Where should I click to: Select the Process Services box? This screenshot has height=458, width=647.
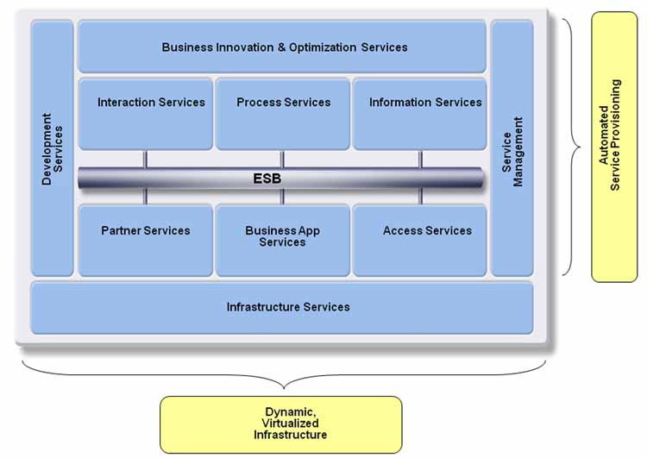point(283,113)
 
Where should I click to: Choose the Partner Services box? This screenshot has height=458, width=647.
point(145,240)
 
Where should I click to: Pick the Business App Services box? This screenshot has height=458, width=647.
point(283,240)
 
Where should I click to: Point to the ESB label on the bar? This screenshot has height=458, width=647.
point(267,179)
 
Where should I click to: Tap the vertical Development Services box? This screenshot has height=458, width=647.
point(53,147)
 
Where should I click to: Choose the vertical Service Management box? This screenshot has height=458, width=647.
point(512,147)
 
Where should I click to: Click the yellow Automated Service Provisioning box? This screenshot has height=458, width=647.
point(614,147)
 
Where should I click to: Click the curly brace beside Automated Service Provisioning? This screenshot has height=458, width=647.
point(569,147)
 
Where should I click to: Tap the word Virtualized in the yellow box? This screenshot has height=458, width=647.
point(290,423)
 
